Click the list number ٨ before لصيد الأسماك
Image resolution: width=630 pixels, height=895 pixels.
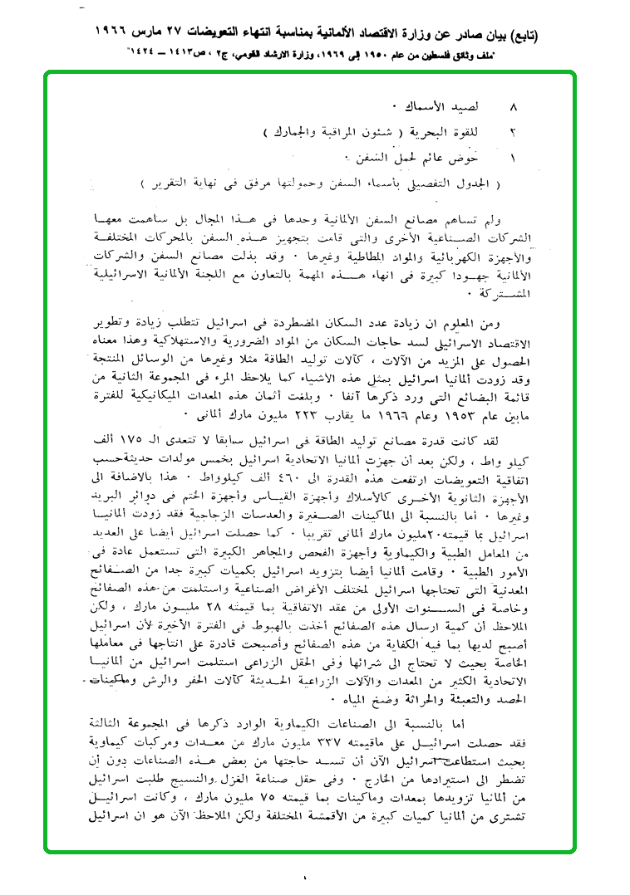point(513,109)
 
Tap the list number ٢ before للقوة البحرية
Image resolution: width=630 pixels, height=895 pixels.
point(513,132)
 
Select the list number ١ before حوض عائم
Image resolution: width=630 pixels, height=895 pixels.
point(513,156)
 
